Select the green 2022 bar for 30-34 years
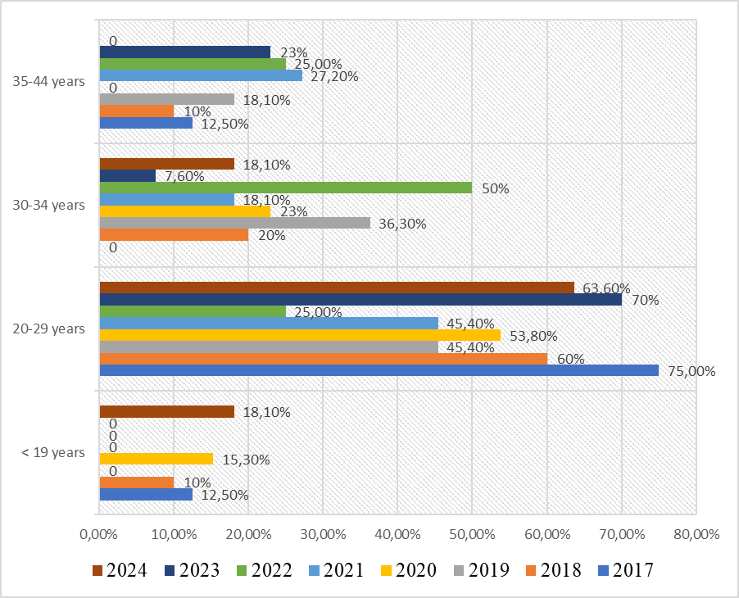[x=285, y=188]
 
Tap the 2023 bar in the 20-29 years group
[x=360, y=300]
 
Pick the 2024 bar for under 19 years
[x=166, y=412]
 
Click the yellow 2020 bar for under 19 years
[x=156, y=459]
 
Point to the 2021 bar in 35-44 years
[x=201, y=75]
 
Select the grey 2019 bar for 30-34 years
[x=234, y=223]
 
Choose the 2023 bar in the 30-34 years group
[x=127, y=175]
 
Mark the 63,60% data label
[x=606, y=288]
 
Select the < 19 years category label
[x=54, y=452]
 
